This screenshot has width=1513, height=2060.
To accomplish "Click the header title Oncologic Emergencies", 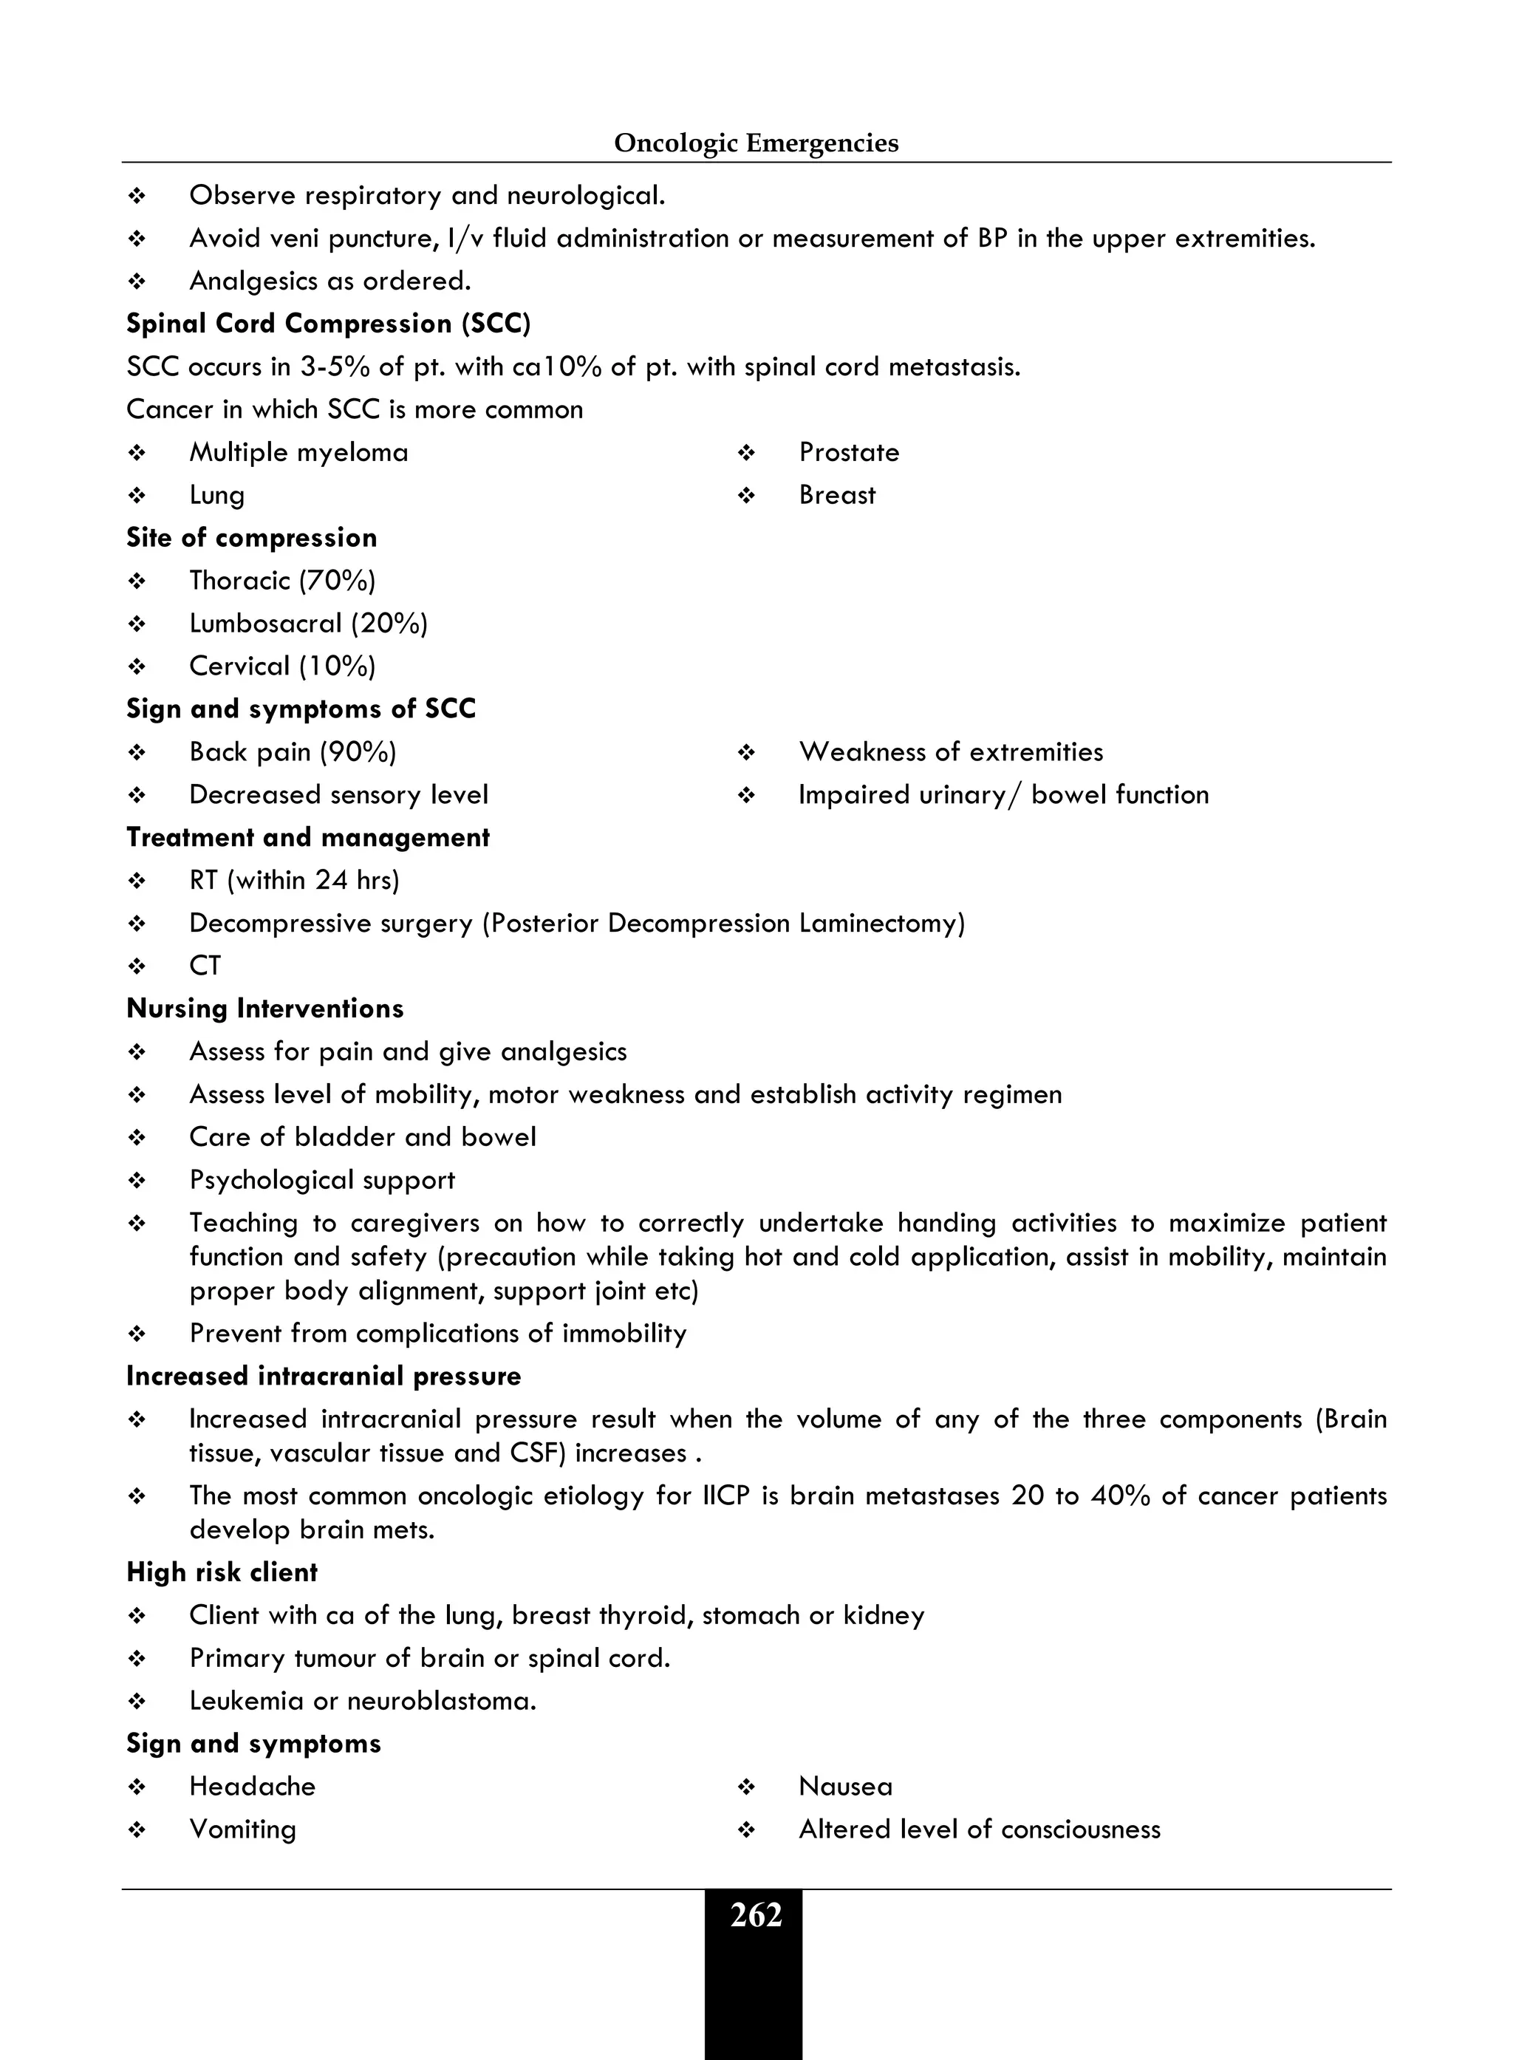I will [756, 143].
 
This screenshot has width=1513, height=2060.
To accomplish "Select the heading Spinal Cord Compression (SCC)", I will [329, 324].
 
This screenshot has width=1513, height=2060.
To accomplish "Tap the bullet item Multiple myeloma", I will [298, 452].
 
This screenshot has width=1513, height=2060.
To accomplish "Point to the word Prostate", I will [849, 452].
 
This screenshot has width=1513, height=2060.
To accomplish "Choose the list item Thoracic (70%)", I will [282, 581].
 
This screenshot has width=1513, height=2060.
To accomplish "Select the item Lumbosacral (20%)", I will [309, 624].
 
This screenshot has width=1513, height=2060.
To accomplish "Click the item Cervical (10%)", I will [282, 666].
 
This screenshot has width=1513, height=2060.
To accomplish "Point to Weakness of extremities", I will [951, 752].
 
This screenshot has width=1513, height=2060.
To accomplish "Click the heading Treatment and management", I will [308, 838].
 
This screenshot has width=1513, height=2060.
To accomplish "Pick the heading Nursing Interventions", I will [264, 1009].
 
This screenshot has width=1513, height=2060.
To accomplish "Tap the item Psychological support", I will [321, 1181].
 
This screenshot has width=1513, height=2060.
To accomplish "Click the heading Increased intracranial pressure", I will [324, 1377].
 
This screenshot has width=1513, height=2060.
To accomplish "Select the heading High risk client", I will [222, 1572].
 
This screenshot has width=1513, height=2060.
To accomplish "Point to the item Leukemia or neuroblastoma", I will [363, 1702].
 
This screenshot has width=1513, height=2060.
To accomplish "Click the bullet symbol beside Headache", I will [137, 1787].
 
